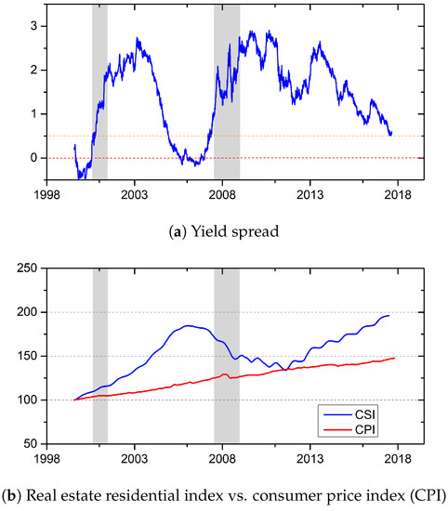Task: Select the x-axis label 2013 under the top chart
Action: coord(310,195)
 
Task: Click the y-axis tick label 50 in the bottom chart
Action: coord(30,444)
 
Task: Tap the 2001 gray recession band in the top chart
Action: coord(99,93)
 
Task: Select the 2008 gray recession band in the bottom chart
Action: coord(227,353)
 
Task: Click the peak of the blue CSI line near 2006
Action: coord(189,325)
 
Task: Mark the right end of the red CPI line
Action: coord(395,358)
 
